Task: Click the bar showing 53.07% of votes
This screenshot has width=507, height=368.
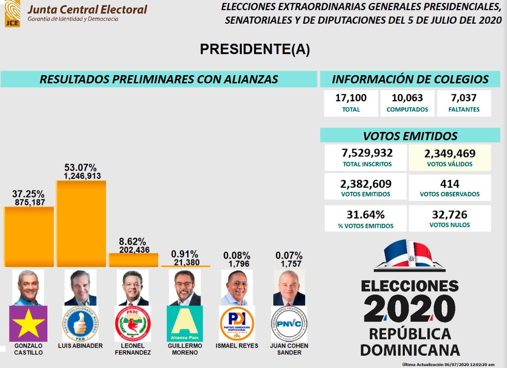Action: coord(81,223)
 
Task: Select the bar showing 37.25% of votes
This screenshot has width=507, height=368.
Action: coord(29,236)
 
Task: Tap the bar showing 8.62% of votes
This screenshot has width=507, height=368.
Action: coord(133,260)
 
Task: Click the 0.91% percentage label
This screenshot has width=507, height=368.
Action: coord(185,254)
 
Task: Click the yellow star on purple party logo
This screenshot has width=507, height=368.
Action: coord(29,323)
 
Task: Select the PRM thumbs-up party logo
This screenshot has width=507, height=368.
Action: coord(80,323)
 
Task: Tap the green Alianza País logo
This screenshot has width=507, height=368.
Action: coord(185,323)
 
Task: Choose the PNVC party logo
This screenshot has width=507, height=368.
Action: coord(289,323)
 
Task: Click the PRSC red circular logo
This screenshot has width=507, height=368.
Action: coord(133,323)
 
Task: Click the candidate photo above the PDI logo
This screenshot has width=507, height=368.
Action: coord(237,288)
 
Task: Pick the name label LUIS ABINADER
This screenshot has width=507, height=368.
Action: coord(80,346)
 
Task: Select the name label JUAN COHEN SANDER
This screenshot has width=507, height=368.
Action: coord(289,349)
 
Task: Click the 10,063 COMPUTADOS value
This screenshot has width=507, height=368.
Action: coord(407,98)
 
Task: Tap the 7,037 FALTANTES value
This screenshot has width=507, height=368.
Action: coord(464,98)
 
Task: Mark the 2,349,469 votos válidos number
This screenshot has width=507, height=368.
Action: coord(449,154)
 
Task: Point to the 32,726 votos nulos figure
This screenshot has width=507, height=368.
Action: coord(449,215)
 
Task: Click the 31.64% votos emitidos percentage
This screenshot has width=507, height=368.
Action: coord(365,215)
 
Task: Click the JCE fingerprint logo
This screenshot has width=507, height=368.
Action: coord(12,13)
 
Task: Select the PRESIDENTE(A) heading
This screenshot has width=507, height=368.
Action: coord(255,49)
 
